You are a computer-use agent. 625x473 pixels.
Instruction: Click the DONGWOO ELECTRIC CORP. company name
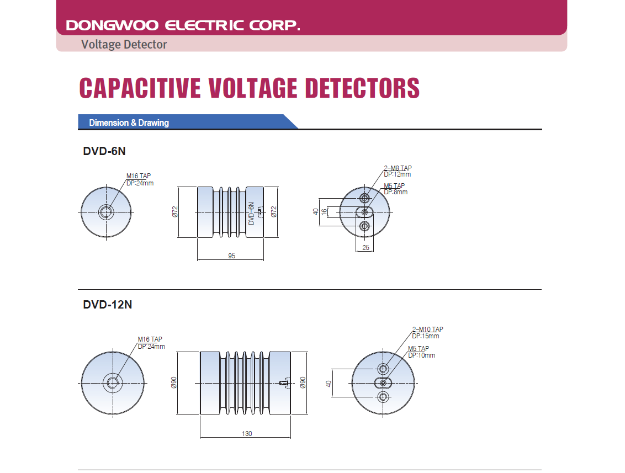[183, 25]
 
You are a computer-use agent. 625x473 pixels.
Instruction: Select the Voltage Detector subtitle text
[124, 44]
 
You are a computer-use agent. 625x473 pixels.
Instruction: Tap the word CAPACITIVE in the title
[140, 88]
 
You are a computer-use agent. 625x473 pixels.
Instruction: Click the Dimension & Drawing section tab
[129, 123]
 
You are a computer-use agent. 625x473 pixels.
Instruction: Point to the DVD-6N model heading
[104, 151]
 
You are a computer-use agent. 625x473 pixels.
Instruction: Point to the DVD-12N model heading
[108, 304]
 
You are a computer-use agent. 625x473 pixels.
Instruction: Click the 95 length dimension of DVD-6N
[231, 256]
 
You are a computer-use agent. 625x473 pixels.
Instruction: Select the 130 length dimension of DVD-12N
[247, 433]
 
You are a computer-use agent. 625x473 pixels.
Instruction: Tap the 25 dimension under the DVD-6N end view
[366, 248]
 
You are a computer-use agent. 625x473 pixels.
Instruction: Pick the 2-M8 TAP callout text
[398, 168]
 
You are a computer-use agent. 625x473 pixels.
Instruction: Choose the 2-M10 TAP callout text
[427, 329]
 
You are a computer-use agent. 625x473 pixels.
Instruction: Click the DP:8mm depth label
[395, 192]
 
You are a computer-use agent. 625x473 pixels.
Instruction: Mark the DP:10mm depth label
[421, 355]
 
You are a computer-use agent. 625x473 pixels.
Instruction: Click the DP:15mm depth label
[426, 336]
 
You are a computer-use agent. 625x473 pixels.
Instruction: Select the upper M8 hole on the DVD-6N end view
[364, 198]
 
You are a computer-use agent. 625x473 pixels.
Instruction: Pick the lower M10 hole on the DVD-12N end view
[383, 396]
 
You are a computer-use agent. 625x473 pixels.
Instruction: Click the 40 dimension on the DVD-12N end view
[329, 383]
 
